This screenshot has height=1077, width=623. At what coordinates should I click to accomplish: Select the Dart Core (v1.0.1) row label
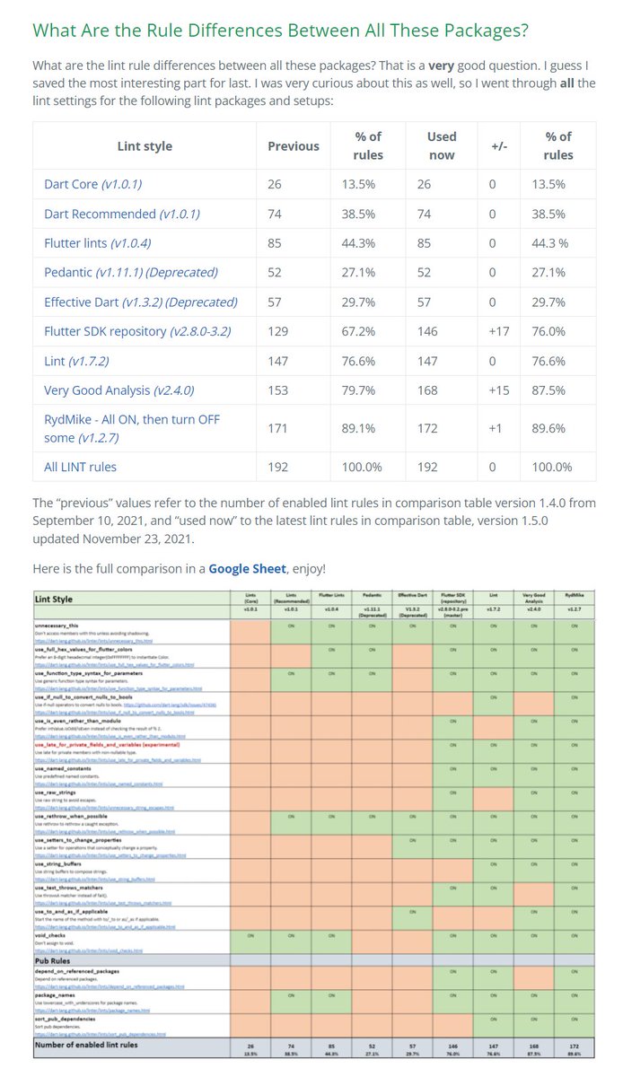coord(92,184)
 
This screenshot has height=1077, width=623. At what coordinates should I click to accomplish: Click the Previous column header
coord(294,145)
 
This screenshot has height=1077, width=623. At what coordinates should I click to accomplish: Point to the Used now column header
coord(441,145)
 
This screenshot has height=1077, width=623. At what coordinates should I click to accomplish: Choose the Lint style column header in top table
coord(145,145)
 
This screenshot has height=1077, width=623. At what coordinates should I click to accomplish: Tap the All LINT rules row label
coord(80,467)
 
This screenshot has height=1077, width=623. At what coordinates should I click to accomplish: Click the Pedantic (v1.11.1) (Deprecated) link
coord(130,272)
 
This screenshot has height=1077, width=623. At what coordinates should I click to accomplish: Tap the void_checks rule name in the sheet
coord(55,934)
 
